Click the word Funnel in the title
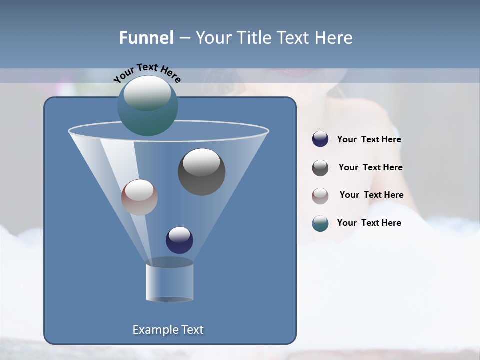[146, 38]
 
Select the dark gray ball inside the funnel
[201, 172]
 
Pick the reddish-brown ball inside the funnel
[139, 197]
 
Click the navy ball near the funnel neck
[179, 240]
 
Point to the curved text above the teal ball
[147, 72]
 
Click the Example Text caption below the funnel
[168, 330]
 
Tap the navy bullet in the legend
[320, 139]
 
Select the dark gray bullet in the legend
[320, 168]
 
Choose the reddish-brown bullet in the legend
[320, 196]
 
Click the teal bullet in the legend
[320, 223]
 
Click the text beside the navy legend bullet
[369, 140]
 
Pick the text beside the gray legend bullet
[370, 168]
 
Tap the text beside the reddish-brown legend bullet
[371, 195]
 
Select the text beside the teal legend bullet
[369, 223]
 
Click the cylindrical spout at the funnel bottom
[169, 282]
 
